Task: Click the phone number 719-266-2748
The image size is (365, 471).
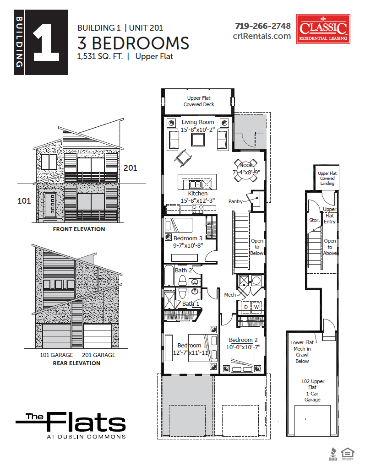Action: click(x=263, y=26)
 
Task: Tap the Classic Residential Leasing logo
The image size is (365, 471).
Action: click(x=323, y=29)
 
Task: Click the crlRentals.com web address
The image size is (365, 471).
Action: click(x=262, y=36)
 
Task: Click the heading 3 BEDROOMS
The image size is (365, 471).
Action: click(x=133, y=43)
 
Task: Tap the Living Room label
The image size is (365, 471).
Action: click(x=198, y=122)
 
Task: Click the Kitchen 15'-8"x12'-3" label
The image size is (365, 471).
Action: click(x=198, y=197)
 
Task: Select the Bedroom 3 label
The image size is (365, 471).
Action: click(x=188, y=238)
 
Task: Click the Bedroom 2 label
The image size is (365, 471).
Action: click(x=243, y=340)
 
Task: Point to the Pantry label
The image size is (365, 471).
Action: click(x=236, y=201)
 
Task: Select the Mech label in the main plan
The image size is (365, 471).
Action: click(x=230, y=295)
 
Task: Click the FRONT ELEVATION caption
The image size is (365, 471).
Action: click(x=79, y=229)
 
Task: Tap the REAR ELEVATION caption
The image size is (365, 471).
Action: click(x=76, y=363)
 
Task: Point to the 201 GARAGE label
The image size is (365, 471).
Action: click(x=98, y=355)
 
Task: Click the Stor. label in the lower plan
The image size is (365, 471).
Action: click(x=314, y=220)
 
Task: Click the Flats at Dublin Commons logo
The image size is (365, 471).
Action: click(x=71, y=425)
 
